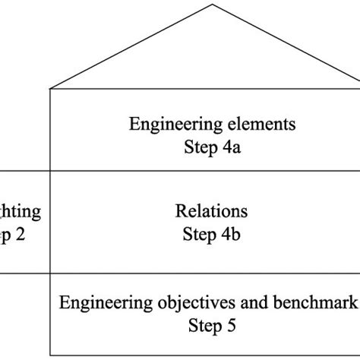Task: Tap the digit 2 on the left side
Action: click(20, 234)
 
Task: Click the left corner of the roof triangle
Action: click(51, 89)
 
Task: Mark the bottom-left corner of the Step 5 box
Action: click(51, 355)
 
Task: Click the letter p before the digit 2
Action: click(5, 235)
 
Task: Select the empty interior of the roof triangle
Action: click(205, 57)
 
